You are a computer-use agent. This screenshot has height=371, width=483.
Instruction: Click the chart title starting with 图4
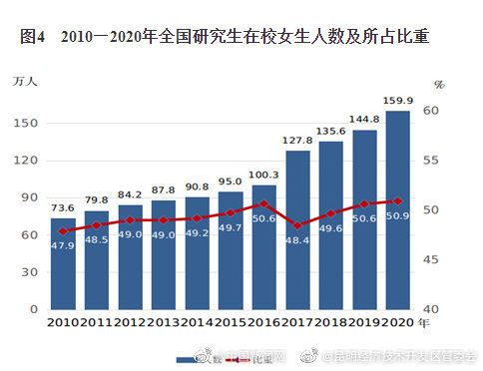pyautogui.click(x=225, y=38)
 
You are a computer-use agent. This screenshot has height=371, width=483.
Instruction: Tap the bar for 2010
pyautogui.click(x=63, y=264)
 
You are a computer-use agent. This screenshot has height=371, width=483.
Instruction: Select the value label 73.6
pyautogui.click(x=63, y=207)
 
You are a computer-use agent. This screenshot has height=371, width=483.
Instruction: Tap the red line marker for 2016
pyautogui.click(x=264, y=203)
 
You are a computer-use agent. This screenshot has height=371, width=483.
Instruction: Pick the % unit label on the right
pyautogui.click(x=439, y=85)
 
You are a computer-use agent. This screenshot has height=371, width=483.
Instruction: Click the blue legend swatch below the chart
pyautogui.click(x=190, y=358)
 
